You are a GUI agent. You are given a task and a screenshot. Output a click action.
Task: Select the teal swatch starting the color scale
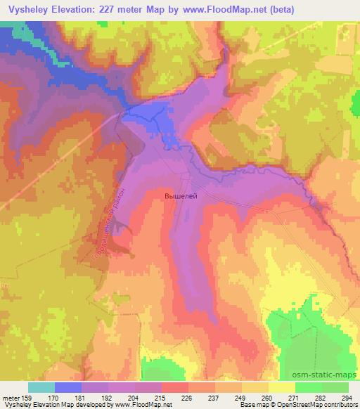point(41,387)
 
